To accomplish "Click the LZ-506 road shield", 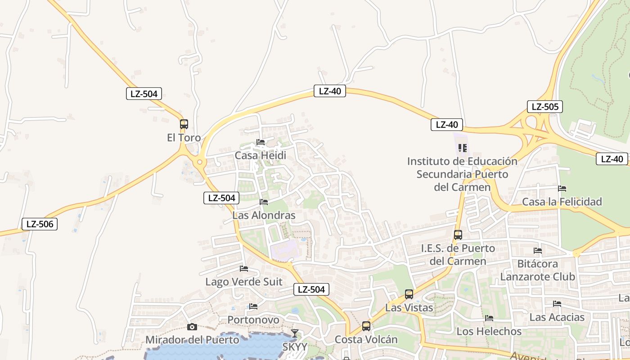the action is pyautogui.click(x=40, y=224).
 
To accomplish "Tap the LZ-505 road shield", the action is pyautogui.click(x=545, y=107).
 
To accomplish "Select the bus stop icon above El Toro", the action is pyautogui.click(x=184, y=124).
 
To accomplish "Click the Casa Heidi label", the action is pyautogui.click(x=260, y=156).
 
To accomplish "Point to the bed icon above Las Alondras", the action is pyautogui.click(x=264, y=202).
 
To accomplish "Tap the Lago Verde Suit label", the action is pyautogui.click(x=244, y=282).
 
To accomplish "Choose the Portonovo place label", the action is pyautogui.click(x=253, y=320).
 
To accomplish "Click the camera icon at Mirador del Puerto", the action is pyautogui.click(x=192, y=327).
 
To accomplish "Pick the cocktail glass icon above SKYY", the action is pyautogui.click(x=295, y=333).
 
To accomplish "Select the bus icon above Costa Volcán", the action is pyautogui.click(x=366, y=326).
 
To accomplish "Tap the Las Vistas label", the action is pyautogui.click(x=409, y=308).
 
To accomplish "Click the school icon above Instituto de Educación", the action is pyautogui.click(x=462, y=148).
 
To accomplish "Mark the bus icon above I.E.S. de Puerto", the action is pyautogui.click(x=458, y=235).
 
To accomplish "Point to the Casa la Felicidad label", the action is pyautogui.click(x=562, y=202).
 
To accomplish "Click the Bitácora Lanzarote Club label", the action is pyautogui.click(x=538, y=270).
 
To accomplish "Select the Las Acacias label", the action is pyautogui.click(x=557, y=317).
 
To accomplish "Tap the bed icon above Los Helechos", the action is pyautogui.click(x=489, y=318).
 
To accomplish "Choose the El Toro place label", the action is pyautogui.click(x=184, y=138).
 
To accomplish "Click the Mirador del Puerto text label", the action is pyautogui.click(x=192, y=340).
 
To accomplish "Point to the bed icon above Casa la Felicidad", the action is pyautogui.click(x=562, y=189).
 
